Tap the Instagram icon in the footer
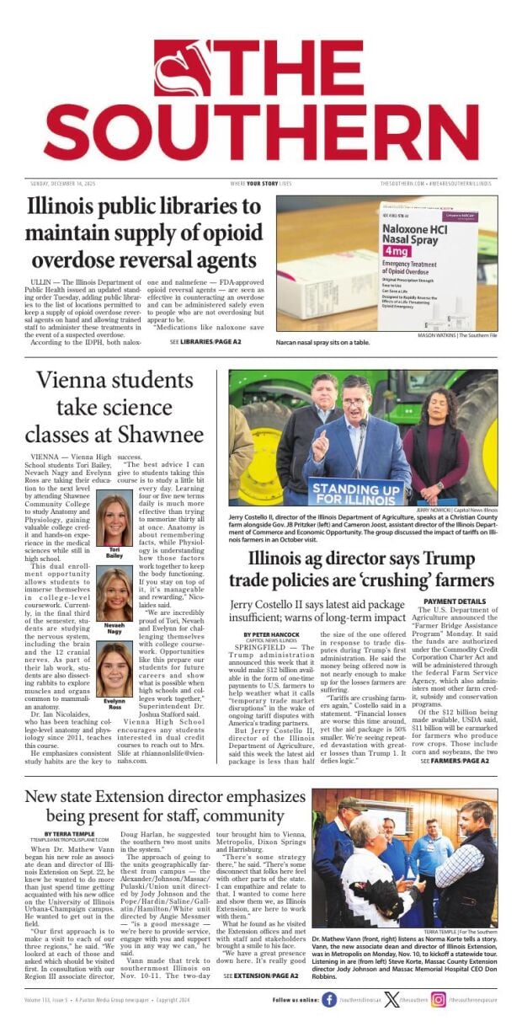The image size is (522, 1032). (x=439, y=1000)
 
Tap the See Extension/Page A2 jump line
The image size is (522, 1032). (x=261, y=976)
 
